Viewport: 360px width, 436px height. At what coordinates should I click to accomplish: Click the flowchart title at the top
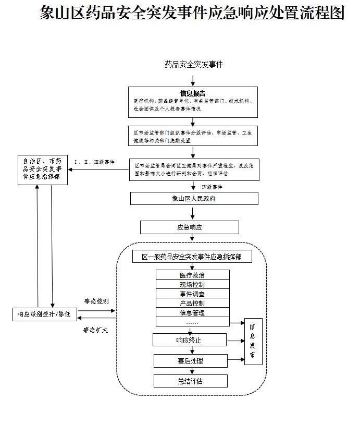tap(192, 13)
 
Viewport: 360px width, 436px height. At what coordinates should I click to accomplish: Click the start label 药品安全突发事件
tap(193, 65)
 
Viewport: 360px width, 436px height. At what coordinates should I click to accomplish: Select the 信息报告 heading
tap(193, 94)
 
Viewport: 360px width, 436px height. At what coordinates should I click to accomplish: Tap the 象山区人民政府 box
tap(194, 198)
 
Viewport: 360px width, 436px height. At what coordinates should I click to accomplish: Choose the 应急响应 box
tap(189, 227)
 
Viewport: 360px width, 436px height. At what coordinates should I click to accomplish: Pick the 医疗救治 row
tap(192, 275)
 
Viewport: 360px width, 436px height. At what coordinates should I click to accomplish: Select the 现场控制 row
tap(192, 285)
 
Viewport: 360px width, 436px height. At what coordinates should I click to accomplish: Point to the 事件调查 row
tap(192, 294)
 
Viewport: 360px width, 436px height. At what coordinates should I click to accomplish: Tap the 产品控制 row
tap(192, 304)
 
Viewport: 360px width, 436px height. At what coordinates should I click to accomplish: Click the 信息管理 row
tap(192, 313)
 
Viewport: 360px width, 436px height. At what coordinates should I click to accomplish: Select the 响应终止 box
tap(189, 340)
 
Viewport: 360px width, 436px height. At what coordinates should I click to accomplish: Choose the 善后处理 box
tap(190, 361)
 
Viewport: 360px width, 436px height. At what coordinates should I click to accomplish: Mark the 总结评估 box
tap(190, 381)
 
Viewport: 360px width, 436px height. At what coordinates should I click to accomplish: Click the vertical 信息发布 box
tap(253, 341)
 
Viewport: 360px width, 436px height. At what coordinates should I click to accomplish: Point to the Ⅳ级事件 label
tap(215, 187)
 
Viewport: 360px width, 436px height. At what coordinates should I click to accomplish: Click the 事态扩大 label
tap(96, 330)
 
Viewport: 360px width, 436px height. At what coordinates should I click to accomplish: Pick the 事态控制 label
tap(97, 301)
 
